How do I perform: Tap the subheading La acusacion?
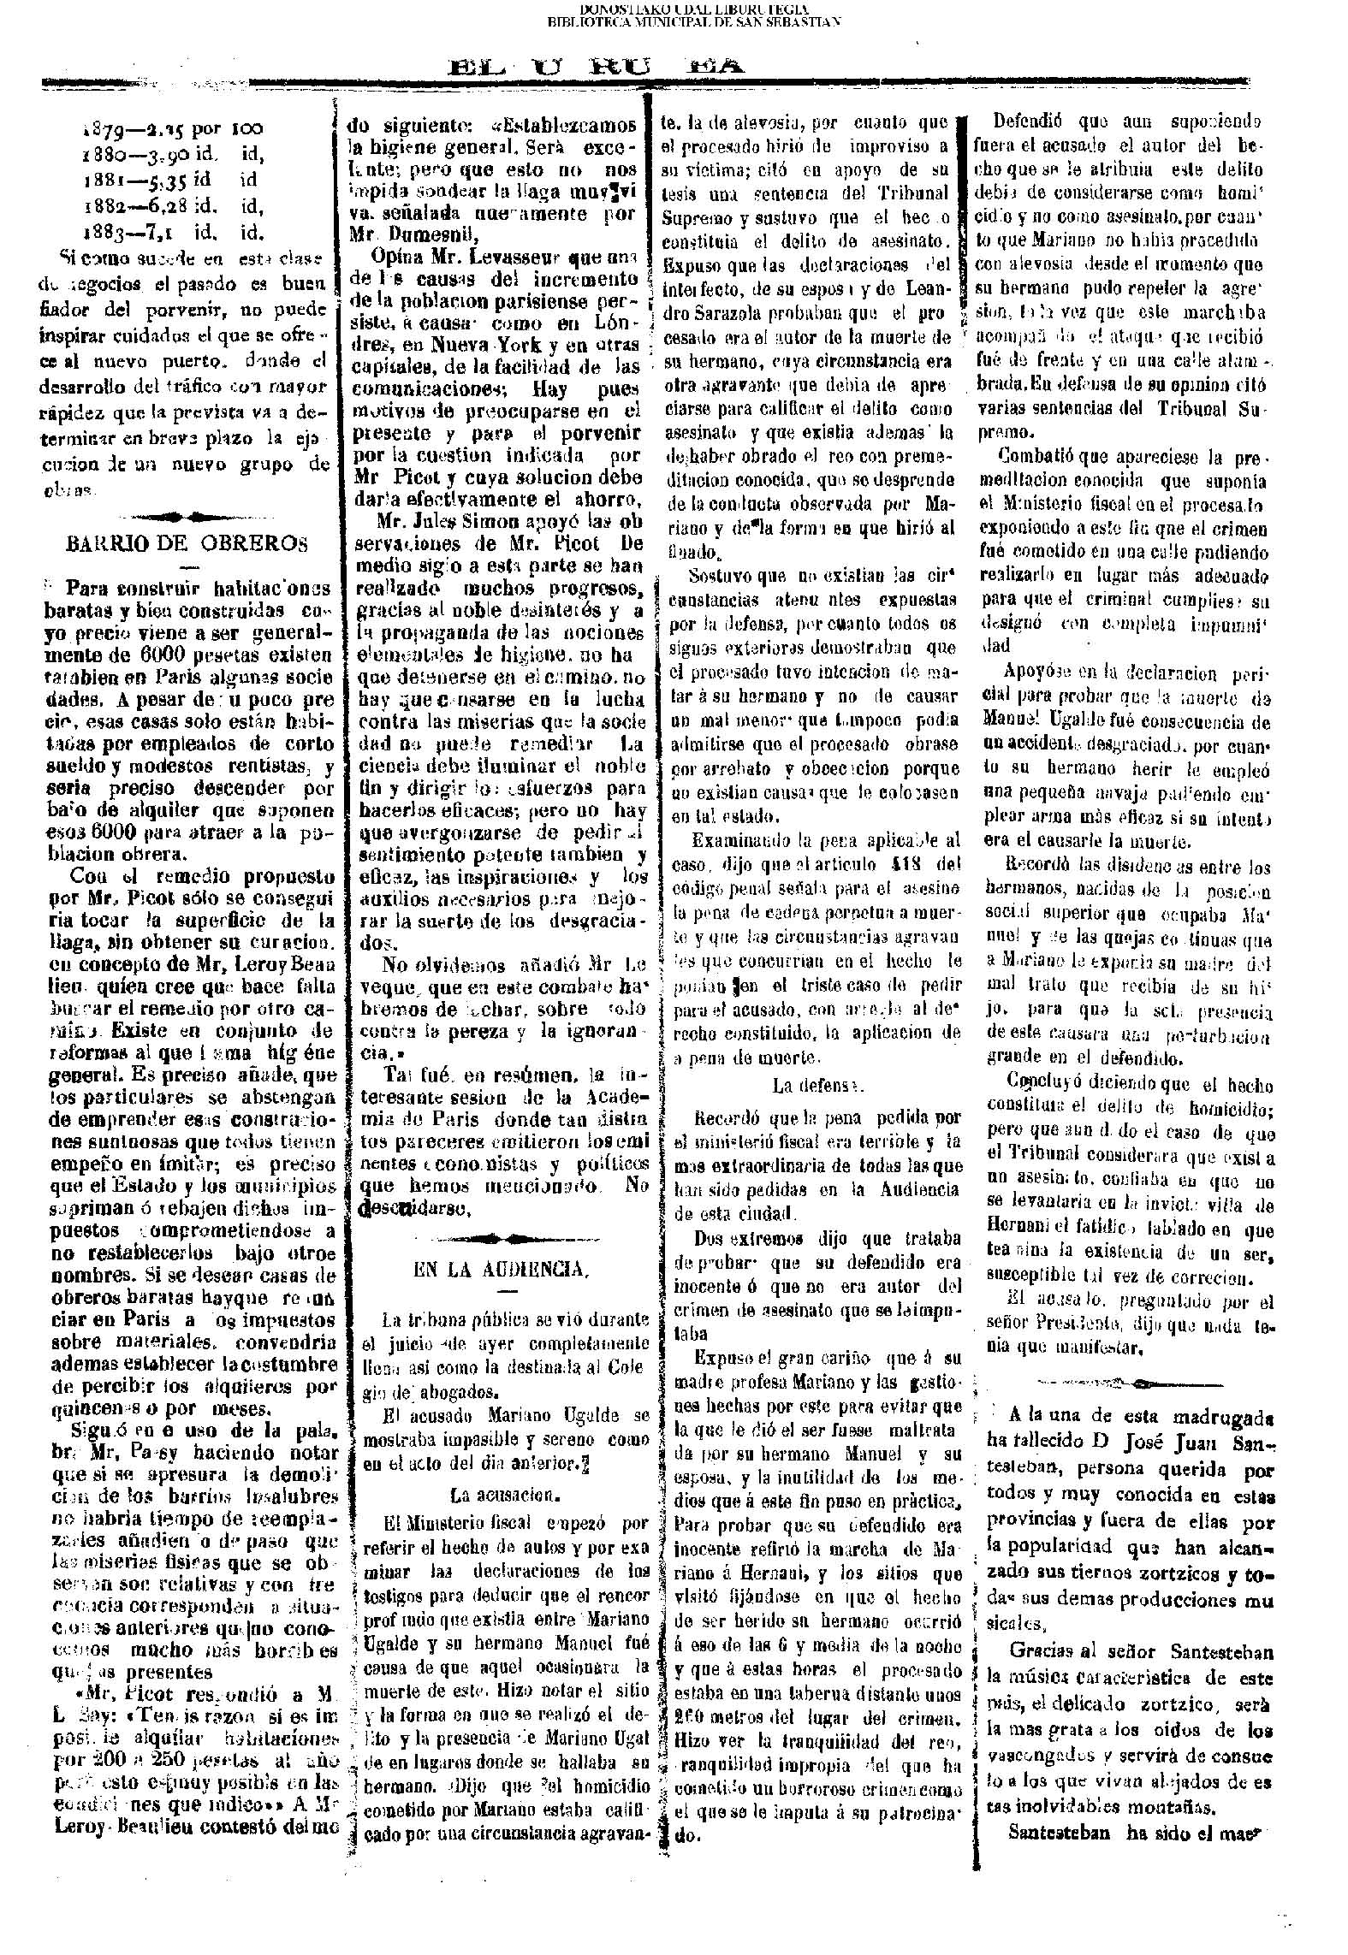(x=504, y=1496)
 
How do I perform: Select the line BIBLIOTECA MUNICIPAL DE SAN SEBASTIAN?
(x=693, y=21)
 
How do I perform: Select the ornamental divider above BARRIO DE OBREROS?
(x=181, y=516)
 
